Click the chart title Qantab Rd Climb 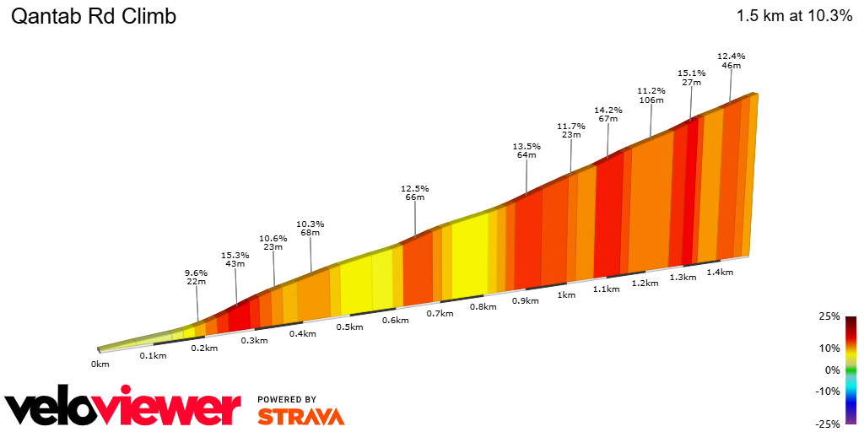(x=93, y=17)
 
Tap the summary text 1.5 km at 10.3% (x=794, y=16)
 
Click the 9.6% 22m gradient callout (x=196, y=277)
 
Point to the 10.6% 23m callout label (x=273, y=242)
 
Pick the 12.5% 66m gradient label (x=414, y=192)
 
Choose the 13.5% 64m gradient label (x=526, y=150)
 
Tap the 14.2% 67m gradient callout (x=607, y=114)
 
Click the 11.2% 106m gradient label (x=651, y=94)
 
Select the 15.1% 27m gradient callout (x=691, y=78)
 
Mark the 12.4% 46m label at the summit (x=731, y=61)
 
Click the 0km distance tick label (x=100, y=364)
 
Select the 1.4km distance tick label (x=720, y=272)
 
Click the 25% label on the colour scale (x=829, y=316)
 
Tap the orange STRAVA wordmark (x=300, y=416)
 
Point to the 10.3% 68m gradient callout (x=310, y=229)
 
